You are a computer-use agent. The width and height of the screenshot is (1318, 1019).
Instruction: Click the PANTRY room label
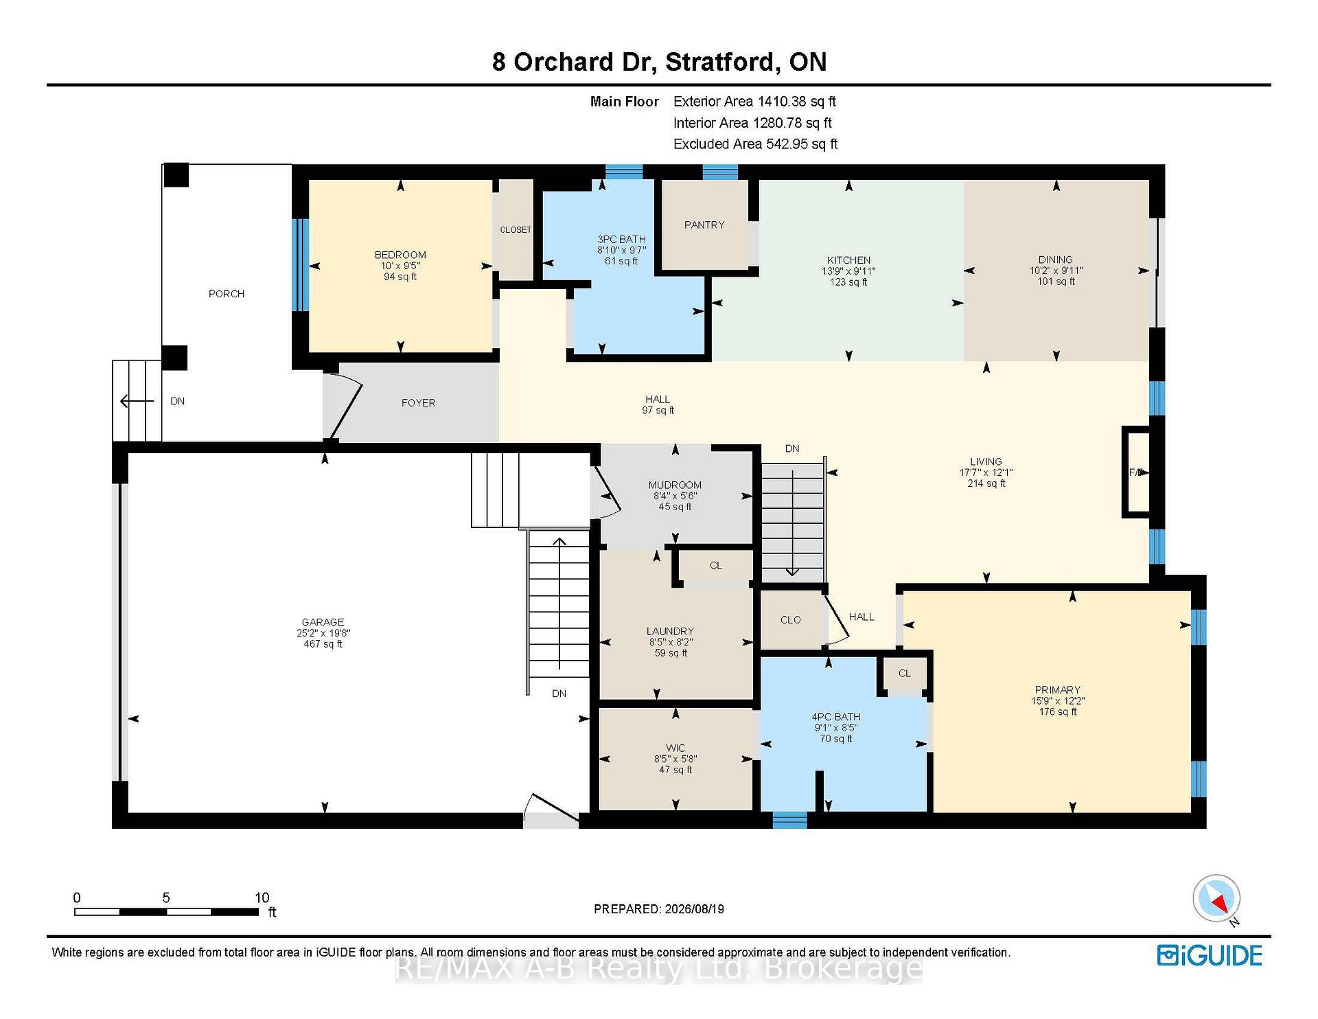704,225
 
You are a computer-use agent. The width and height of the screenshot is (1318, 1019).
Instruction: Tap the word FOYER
418,403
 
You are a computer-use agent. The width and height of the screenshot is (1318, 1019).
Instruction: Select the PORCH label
227,294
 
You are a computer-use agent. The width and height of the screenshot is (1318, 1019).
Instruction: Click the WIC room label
675,748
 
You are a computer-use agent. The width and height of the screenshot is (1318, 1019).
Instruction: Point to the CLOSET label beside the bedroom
516,230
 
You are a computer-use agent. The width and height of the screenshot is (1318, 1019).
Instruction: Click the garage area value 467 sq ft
323,644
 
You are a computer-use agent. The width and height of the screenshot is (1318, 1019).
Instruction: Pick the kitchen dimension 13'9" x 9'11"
849,271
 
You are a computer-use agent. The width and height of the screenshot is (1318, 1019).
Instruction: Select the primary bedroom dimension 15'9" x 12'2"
1058,701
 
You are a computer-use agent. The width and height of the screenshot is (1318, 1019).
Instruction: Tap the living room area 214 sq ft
986,483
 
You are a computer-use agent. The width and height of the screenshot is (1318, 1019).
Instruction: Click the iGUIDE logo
1210,955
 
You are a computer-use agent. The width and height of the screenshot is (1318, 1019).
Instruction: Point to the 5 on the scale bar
166,897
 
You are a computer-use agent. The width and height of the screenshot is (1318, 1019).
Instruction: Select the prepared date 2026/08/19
694,909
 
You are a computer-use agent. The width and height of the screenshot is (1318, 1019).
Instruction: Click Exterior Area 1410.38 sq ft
754,102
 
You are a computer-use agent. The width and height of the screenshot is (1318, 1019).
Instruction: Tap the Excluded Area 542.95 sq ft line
756,144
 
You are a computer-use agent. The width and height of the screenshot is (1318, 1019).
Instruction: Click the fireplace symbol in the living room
1136,472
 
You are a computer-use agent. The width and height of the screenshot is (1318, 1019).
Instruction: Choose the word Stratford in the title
721,62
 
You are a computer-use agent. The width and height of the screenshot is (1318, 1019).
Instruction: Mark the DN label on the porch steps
178,401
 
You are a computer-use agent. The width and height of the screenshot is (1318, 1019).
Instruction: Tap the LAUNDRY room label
670,631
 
